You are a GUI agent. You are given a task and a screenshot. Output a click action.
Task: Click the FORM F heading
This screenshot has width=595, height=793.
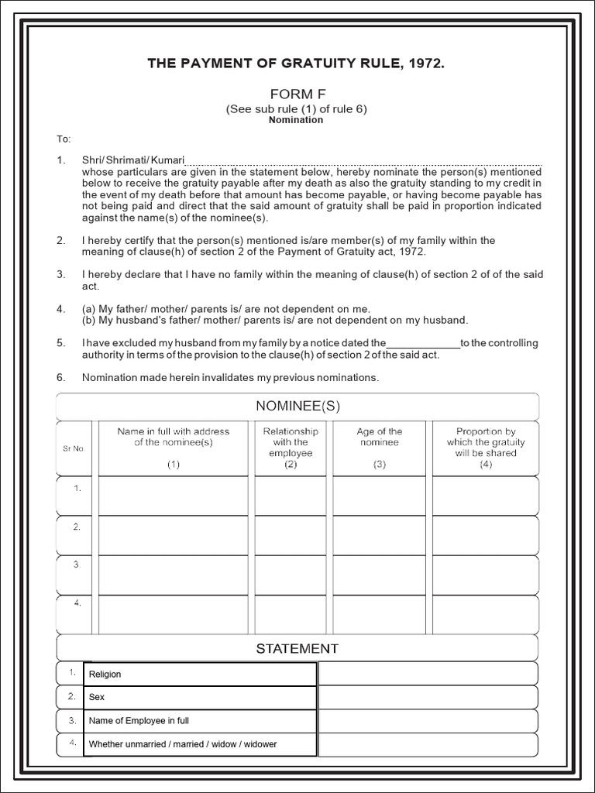pos(297,94)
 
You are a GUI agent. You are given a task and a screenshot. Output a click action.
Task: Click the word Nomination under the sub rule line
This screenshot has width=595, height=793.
pos(296,120)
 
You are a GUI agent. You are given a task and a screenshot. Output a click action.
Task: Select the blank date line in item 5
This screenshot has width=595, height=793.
pos(422,344)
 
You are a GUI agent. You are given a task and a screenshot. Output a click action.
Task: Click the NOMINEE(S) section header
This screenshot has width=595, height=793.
pos(297,406)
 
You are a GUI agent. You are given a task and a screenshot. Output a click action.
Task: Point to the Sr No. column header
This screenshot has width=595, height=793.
pos(74,448)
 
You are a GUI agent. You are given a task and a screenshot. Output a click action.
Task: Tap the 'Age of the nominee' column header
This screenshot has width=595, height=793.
pos(380,443)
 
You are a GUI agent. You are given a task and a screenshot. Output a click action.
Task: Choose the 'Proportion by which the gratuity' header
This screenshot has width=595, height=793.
pos(486,443)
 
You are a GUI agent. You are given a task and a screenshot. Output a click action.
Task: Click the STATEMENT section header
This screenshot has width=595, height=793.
pos(297,648)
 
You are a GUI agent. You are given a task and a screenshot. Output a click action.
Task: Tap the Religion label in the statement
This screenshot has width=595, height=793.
pos(105,675)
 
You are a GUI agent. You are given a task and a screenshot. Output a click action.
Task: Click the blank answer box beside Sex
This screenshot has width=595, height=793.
pos(428,697)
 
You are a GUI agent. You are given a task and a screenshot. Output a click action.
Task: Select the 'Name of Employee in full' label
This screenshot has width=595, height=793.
pos(139,721)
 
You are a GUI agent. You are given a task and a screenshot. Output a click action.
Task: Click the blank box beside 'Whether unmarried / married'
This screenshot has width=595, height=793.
pos(428,745)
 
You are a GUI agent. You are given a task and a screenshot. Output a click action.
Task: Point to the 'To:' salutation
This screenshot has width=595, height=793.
pos(64,139)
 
